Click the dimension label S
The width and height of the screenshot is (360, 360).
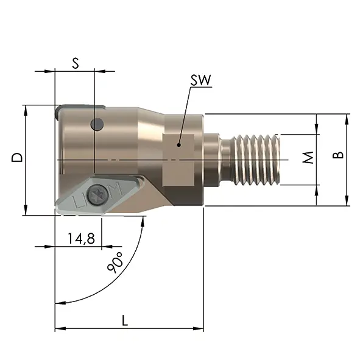point(76,63)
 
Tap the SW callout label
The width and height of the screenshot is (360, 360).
point(200,80)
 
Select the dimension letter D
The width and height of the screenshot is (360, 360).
point(18,157)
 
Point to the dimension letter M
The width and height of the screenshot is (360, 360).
point(308,157)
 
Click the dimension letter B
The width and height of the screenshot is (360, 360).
point(338,155)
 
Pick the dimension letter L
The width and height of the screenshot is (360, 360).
point(125,320)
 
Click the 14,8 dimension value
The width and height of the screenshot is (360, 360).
point(81,238)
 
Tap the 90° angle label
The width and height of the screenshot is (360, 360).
point(116,263)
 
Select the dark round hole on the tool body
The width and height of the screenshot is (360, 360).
point(97,124)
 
